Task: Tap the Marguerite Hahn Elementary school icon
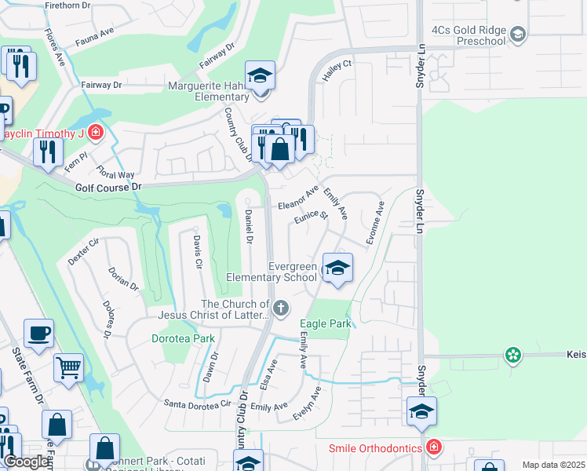260,77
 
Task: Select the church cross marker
280,307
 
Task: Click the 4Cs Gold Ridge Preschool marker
517,34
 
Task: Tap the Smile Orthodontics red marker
434,447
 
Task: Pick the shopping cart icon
69,366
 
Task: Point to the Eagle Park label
325,323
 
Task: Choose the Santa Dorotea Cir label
197,403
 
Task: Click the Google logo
26,462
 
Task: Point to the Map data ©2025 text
553,465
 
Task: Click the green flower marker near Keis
513,356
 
